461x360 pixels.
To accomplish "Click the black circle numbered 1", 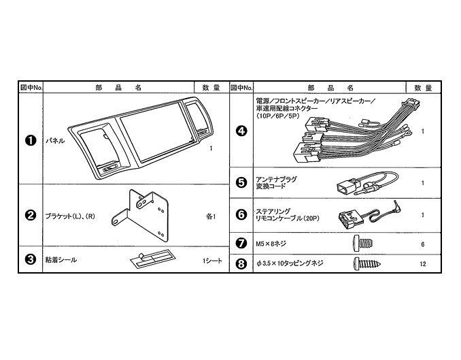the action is [x=31, y=140].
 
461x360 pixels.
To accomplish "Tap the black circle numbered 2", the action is [x=31, y=216].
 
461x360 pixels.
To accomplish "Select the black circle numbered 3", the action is [x=31, y=259].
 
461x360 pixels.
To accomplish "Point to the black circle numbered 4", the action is [x=241, y=131].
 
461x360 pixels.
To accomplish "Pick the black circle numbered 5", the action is [x=241, y=182].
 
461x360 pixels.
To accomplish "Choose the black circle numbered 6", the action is [x=241, y=214].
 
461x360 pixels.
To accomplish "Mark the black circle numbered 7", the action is [x=241, y=244].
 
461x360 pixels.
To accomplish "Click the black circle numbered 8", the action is [x=241, y=263].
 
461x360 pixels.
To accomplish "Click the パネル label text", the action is [x=55, y=141].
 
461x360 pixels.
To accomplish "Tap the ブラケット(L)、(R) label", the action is [x=70, y=216].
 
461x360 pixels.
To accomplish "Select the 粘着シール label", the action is [x=61, y=260].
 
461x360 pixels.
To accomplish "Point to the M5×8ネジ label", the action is [x=271, y=244].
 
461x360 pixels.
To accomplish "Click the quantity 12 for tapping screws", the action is [x=423, y=264].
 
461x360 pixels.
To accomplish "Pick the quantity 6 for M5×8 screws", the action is [x=423, y=244].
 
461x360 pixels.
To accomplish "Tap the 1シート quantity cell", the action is [x=212, y=261].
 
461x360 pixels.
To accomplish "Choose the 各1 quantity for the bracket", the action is [x=211, y=216].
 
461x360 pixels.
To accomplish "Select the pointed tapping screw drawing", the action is [x=367, y=264].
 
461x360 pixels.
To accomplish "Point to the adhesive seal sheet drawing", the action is [x=152, y=259].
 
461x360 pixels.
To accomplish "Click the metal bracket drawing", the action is [x=140, y=216].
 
